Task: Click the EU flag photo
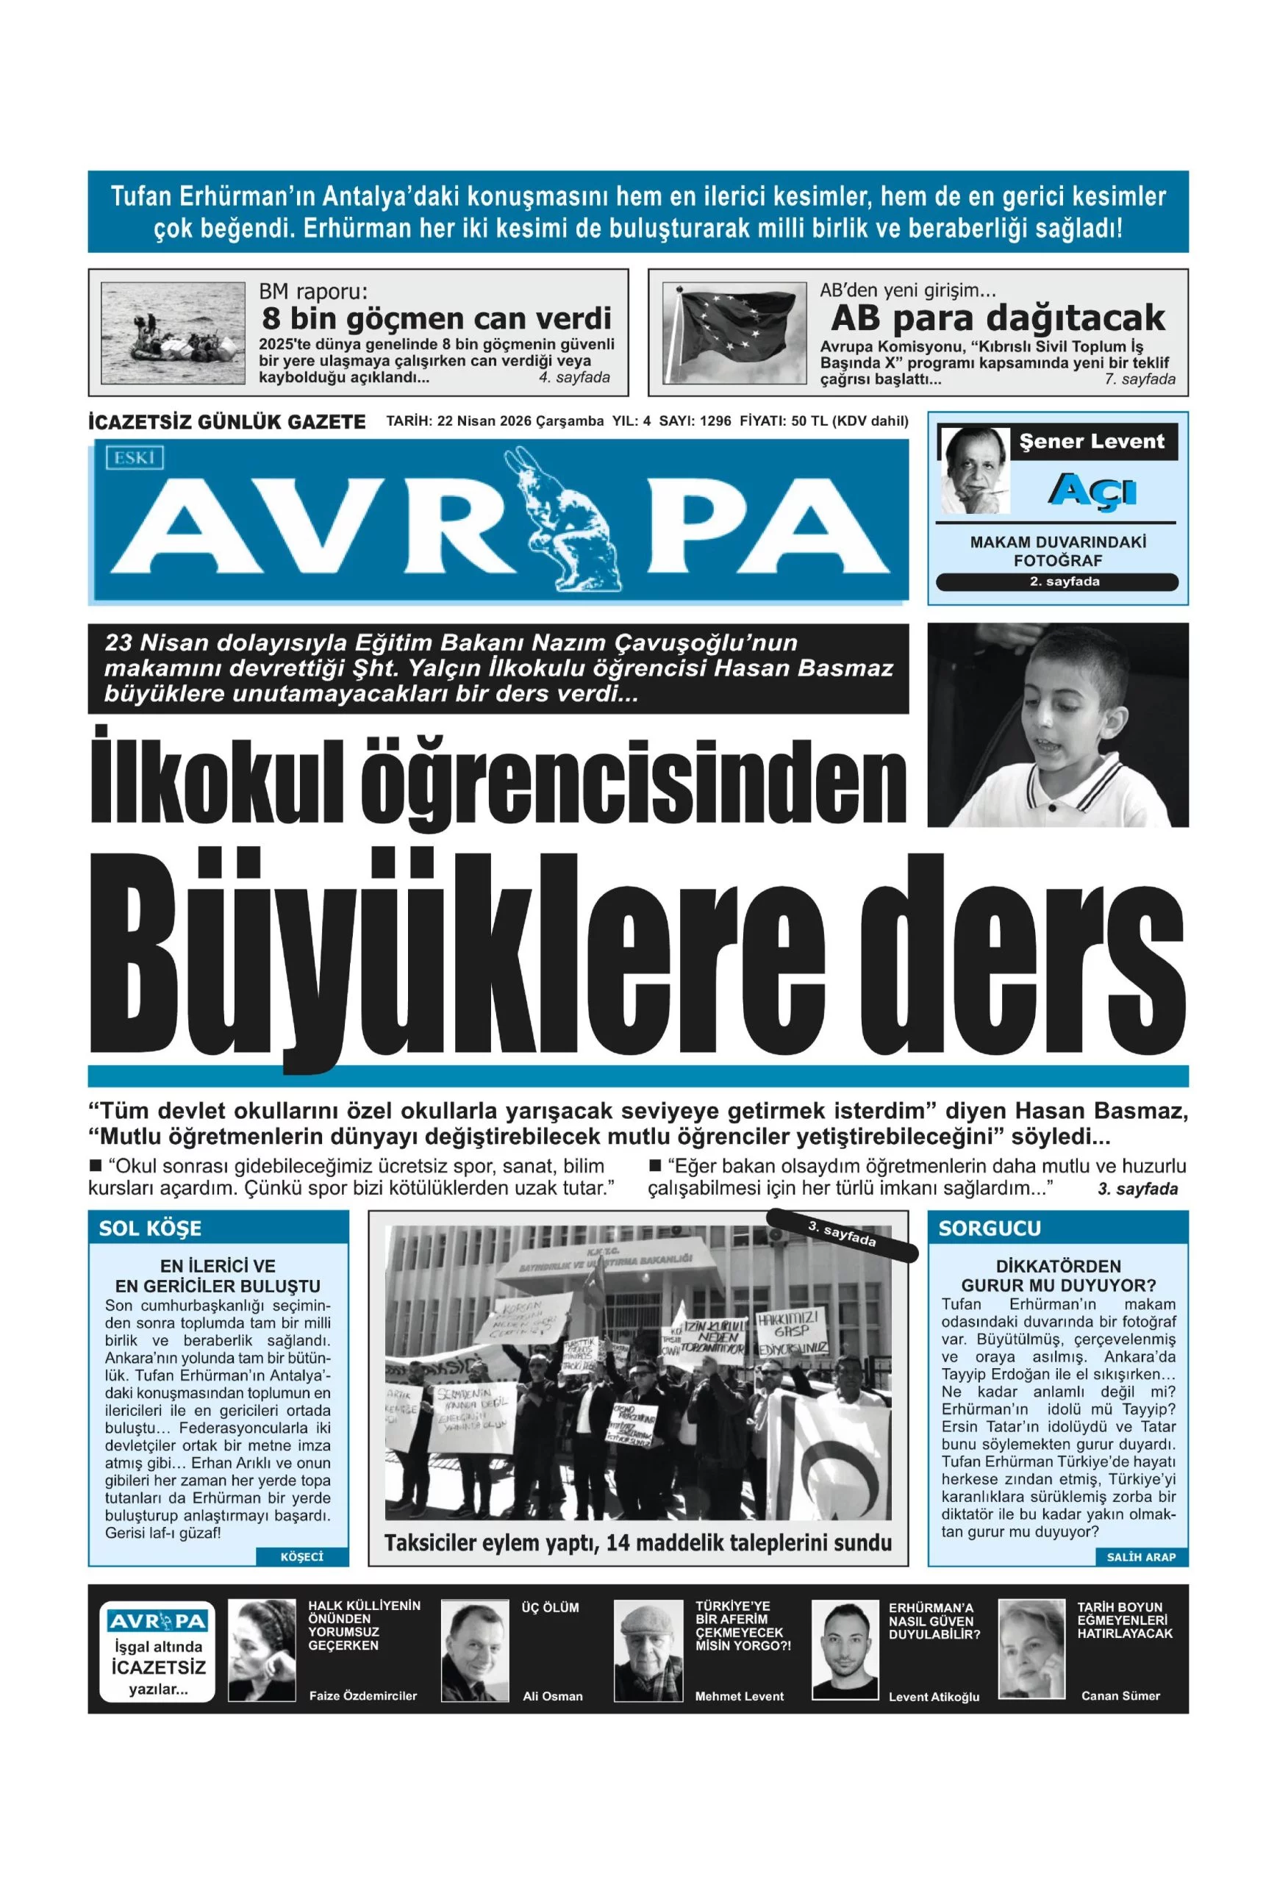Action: coord(734,333)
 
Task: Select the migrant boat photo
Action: coord(173,333)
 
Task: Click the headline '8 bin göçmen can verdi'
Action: coord(437,318)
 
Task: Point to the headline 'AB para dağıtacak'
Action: coord(998,318)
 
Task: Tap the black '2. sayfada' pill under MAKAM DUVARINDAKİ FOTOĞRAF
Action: coord(1056,582)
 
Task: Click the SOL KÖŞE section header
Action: coord(151,1228)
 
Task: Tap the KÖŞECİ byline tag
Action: coord(301,1556)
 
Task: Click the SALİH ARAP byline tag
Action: coord(1140,1556)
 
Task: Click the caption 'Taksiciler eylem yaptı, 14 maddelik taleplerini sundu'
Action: coord(637,1542)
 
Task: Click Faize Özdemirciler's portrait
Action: coord(262,1650)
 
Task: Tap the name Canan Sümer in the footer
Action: coord(1120,1695)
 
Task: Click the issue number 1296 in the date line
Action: coord(715,421)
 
